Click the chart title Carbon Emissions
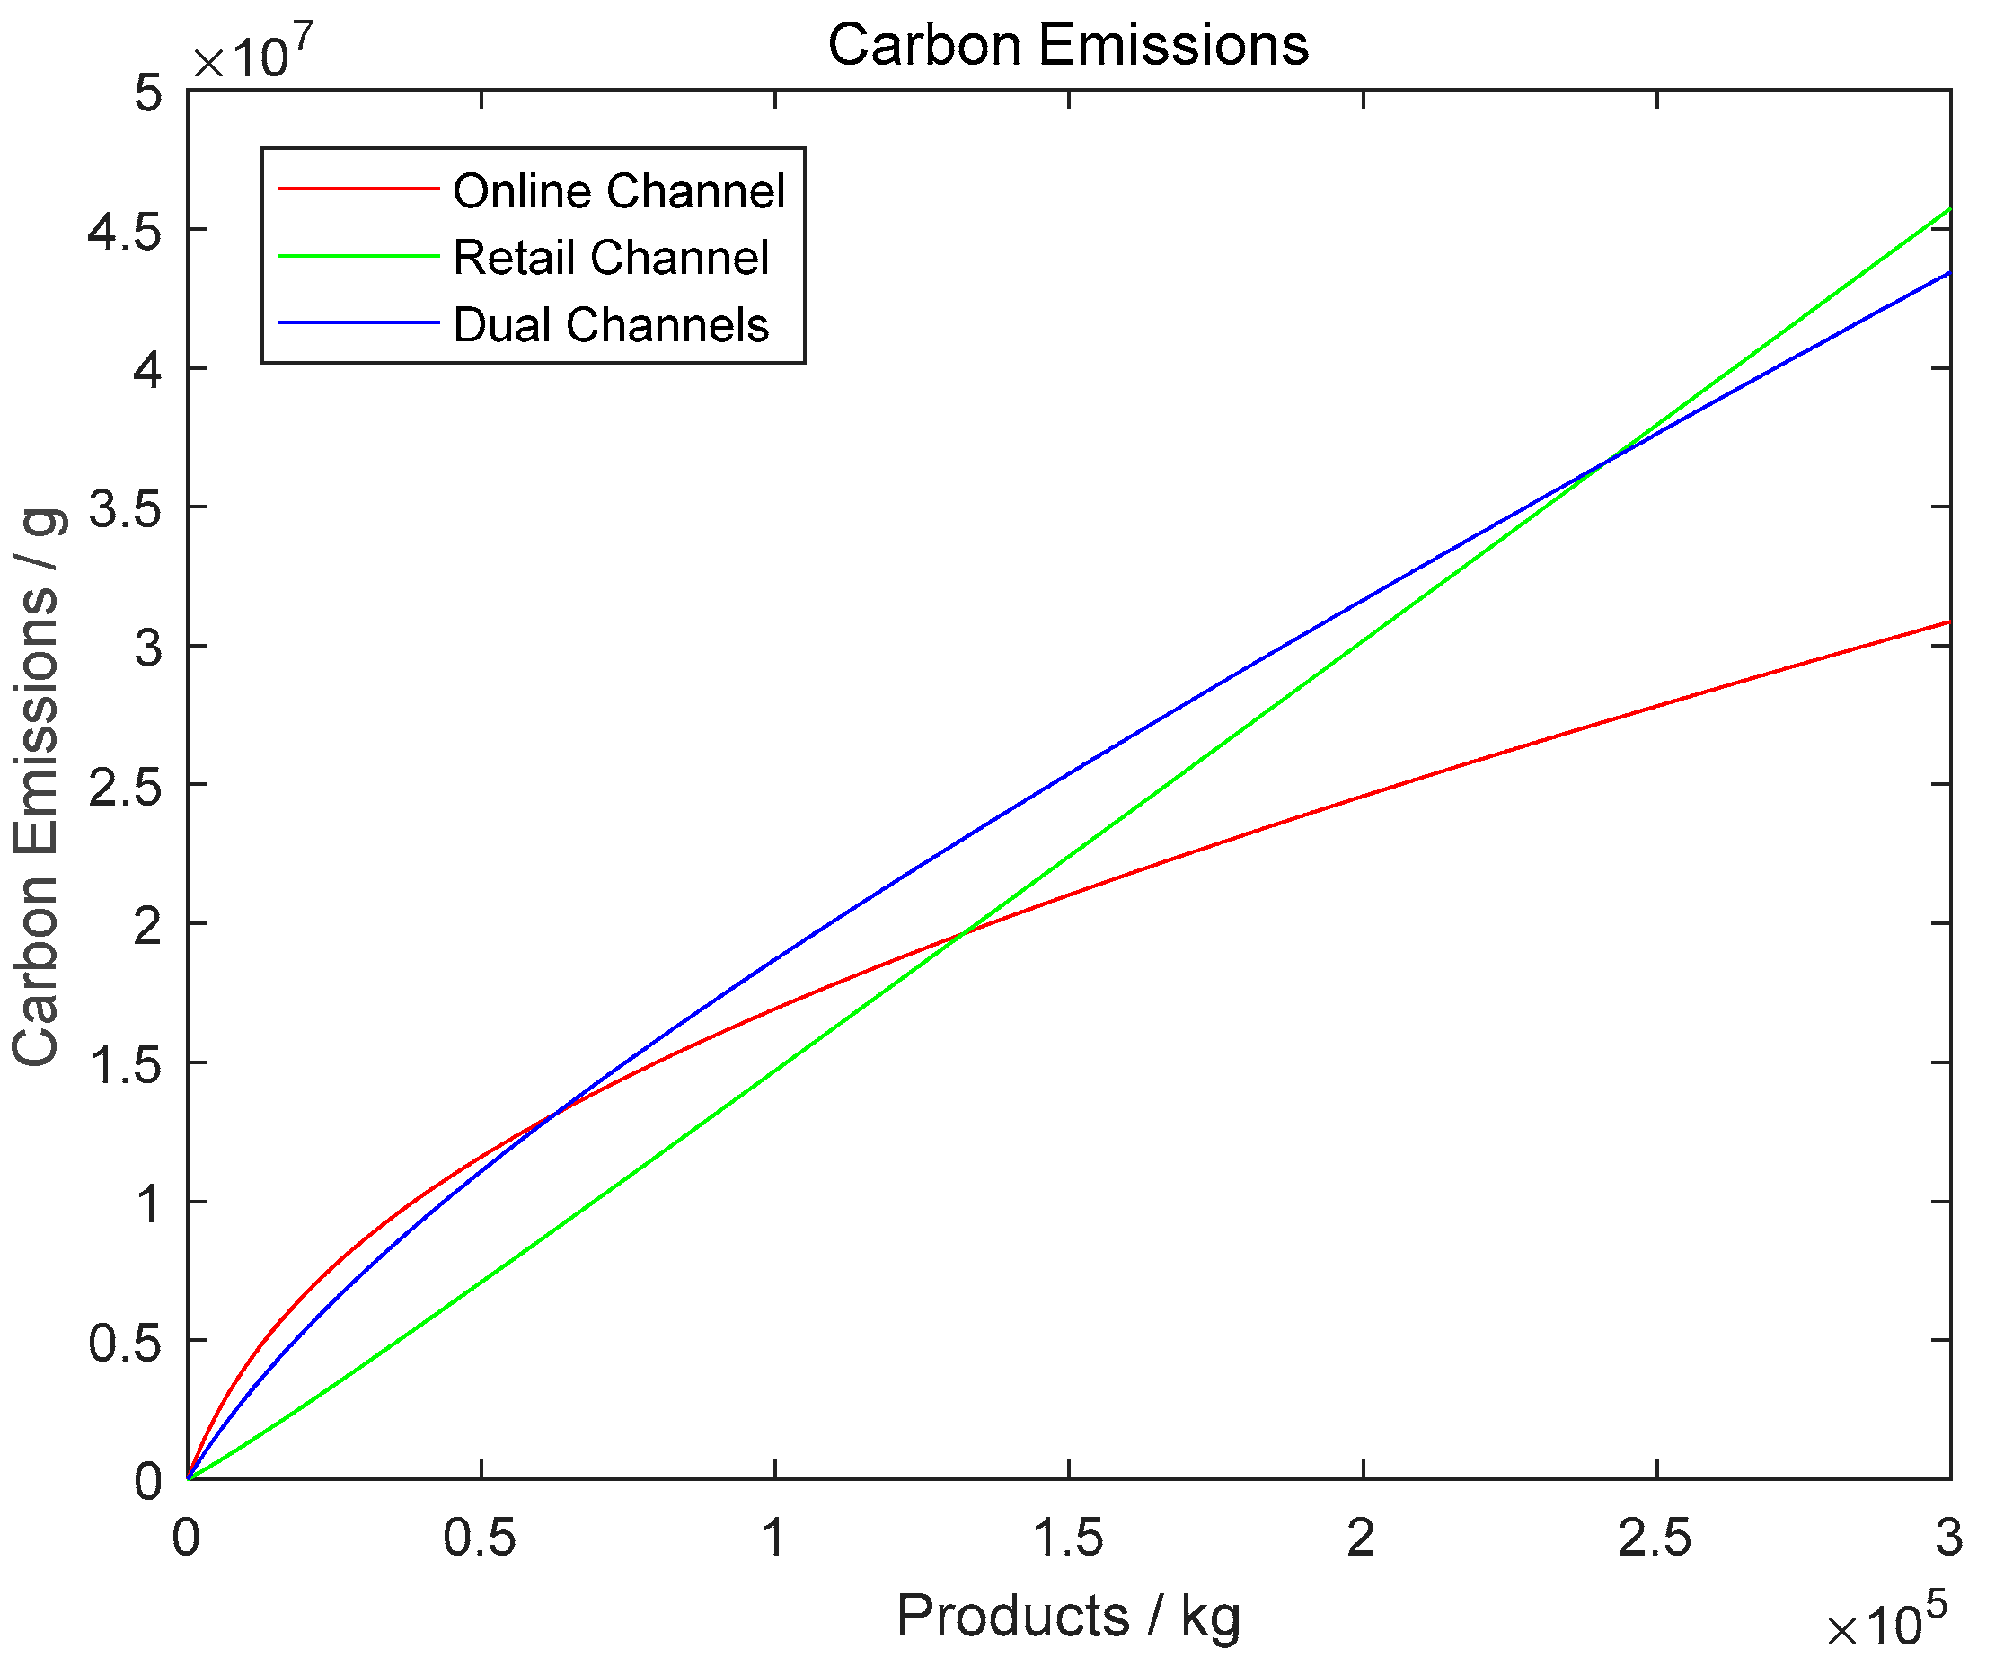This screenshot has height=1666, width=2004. click(1068, 45)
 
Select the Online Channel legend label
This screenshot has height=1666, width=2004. click(618, 190)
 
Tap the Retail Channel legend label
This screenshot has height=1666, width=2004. click(611, 258)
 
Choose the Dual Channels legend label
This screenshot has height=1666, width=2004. click(611, 324)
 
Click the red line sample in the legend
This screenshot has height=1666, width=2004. click(358, 189)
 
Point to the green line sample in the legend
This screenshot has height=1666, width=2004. click(358, 256)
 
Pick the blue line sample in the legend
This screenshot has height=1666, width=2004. click(358, 322)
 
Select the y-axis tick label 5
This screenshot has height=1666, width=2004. click(148, 93)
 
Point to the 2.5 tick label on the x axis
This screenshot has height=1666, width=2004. click(1655, 1538)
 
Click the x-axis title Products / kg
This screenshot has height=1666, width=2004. click(1068, 1617)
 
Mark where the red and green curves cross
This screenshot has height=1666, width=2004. click(964, 932)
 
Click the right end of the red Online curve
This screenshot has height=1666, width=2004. click(1947, 622)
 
